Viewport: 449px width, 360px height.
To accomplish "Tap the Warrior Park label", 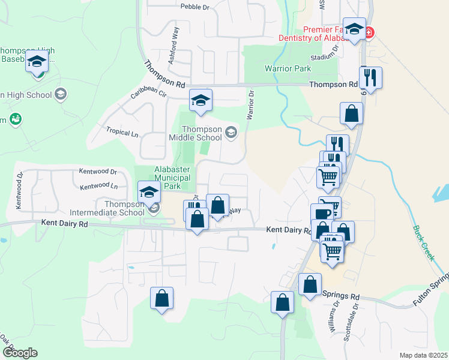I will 288,68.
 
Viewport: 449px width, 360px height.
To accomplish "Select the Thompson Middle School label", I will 202,133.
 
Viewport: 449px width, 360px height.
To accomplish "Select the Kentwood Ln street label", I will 99,187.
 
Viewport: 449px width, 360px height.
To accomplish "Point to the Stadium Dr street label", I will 322,58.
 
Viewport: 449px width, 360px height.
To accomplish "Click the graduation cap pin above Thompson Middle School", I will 201,101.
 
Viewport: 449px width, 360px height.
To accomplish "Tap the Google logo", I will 19,352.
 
